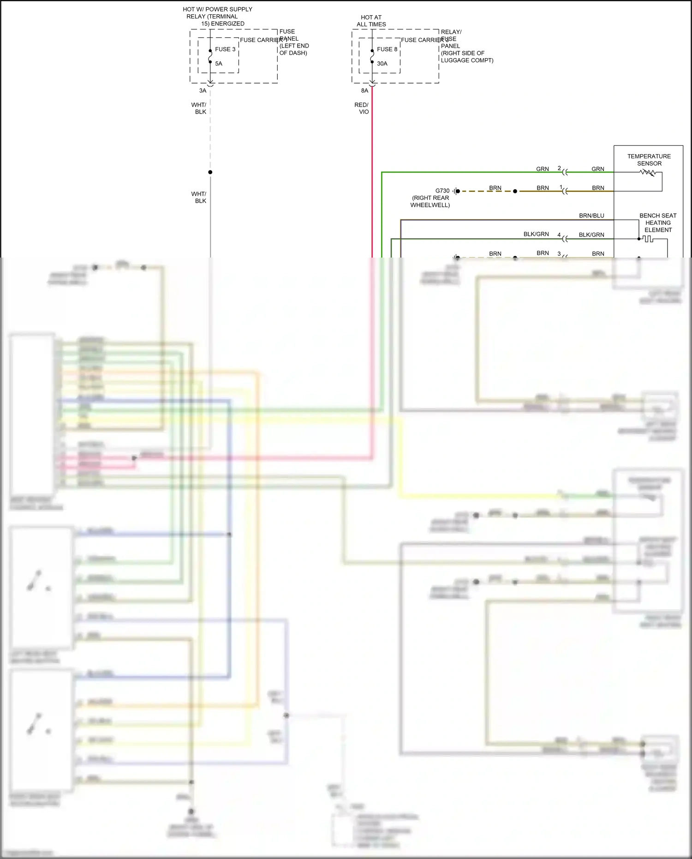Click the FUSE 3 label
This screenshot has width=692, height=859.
pos(225,49)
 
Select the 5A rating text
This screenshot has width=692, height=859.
pos(219,64)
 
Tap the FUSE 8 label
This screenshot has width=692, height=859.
pos(387,49)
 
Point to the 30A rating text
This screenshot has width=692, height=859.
pos(382,64)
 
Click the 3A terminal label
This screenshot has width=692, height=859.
pos(203,90)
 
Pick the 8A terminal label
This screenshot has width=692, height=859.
pos(364,90)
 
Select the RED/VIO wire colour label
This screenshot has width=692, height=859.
pos(362,108)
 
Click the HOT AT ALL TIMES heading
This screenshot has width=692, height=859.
pos(371,21)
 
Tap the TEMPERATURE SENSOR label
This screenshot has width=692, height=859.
pos(649,160)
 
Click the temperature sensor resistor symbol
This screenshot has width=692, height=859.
pos(648,173)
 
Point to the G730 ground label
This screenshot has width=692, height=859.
pos(442,191)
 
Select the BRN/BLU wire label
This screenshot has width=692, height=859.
pos(591,216)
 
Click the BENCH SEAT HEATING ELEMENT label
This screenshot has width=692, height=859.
pos(658,222)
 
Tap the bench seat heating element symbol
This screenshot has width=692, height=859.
pos(648,239)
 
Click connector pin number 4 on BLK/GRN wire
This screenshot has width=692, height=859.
pos(559,234)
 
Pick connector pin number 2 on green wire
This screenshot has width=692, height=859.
pos(559,168)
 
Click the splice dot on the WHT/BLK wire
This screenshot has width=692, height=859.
pos(210,172)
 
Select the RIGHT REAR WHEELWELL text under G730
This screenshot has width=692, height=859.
pos(430,201)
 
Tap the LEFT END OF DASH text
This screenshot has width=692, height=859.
pos(294,49)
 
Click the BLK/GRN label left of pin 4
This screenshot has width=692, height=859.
pos(536,234)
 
